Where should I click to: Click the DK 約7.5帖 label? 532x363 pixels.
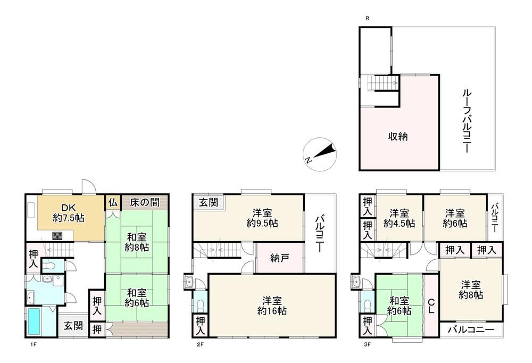(x=69, y=212)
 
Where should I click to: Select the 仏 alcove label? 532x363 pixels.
(x=113, y=203)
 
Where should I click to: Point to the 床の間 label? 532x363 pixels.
(x=145, y=203)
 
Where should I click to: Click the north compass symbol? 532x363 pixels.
(x=320, y=155)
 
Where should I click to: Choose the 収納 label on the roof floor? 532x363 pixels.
(x=397, y=136)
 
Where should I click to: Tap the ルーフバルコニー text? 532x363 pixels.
(x=467, y=121)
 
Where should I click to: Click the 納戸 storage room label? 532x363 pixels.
(x=280, y=259)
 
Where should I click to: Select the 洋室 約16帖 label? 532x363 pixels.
(x=272, y=306)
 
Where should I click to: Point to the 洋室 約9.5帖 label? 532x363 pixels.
(x=262, y=218)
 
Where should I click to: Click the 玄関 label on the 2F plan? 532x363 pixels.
(x=209, y=203)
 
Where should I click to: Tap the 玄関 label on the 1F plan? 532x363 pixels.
(x=73, y=326)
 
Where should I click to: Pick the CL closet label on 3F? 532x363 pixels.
(x=431, y=306)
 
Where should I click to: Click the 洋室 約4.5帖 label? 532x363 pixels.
(x=399, y=218)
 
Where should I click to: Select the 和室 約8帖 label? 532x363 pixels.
(x=137, y=242)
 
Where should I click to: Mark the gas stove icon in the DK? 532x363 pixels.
(x=57, y=235)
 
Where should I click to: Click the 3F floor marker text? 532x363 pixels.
(x=367, y=344)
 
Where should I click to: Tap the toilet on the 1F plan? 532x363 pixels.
(x=49, y=266)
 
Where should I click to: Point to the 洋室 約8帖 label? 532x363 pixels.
(x=471, y=290)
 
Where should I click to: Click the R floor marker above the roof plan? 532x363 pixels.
(x=368, y=18)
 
